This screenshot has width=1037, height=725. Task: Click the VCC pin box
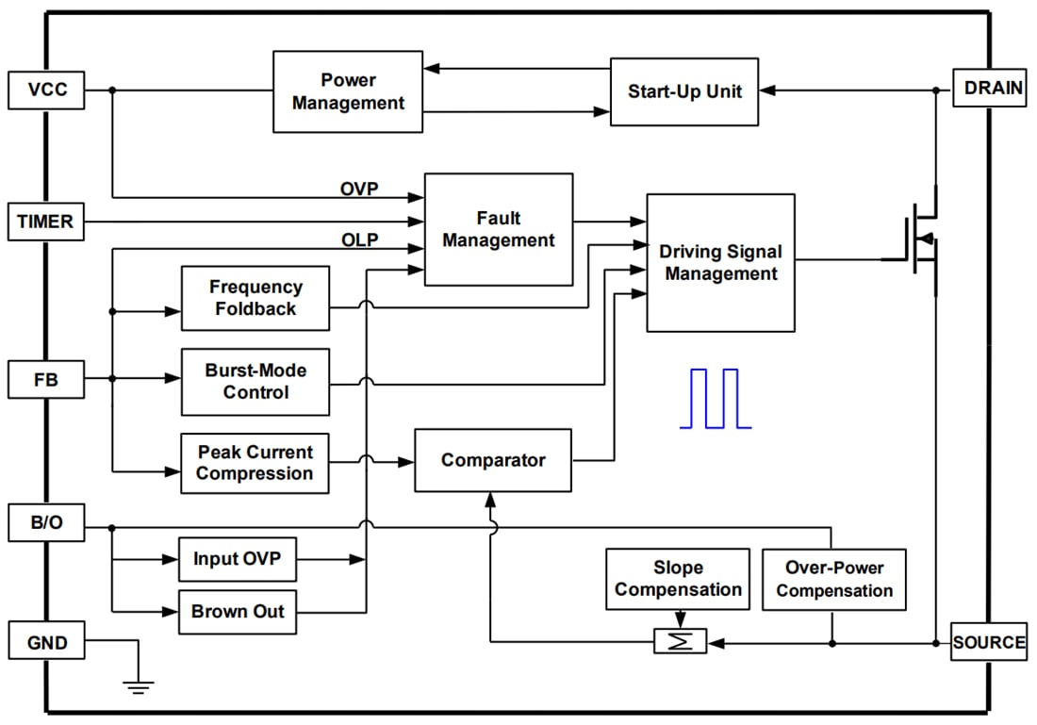point(46,91)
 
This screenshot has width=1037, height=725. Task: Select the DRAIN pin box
point(989,89)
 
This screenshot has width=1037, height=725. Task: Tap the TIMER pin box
point(45,222)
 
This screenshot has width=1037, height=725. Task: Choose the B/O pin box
point(46,523)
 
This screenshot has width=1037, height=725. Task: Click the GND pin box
point(46,642)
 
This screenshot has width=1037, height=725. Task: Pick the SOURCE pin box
point(988,642)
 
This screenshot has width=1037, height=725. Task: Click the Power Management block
point(348,91)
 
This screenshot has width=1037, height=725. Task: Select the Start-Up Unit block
point(683,91)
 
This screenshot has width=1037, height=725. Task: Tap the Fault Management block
point(498,229)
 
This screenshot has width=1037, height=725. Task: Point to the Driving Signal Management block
point(720,263)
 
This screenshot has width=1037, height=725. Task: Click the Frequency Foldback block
point(255,298)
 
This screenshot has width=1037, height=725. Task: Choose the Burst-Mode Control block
point(255,381)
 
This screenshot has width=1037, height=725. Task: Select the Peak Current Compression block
point(255,462)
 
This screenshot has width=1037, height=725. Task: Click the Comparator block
point(492,460)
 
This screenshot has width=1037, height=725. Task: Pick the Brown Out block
point(238,611)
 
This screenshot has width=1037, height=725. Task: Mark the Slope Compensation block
point(677,579)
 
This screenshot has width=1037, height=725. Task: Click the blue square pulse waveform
point(715,400)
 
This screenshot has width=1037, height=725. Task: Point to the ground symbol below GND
point(139,686)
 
